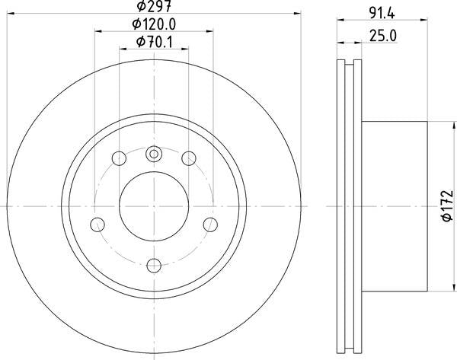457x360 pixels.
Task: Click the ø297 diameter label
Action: (x=154, y=6)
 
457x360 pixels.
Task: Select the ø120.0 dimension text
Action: (x=154, y=24)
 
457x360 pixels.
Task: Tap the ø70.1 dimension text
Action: (x=155, y=42)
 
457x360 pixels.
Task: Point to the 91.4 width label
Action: (x=382, y=14)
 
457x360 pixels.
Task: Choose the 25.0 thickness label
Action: (x=383, y=36)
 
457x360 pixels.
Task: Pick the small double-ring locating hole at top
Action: (x=154, y=154)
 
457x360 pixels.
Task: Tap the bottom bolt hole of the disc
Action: (x=154, y=266)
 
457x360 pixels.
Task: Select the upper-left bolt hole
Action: (x=120, y=158)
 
